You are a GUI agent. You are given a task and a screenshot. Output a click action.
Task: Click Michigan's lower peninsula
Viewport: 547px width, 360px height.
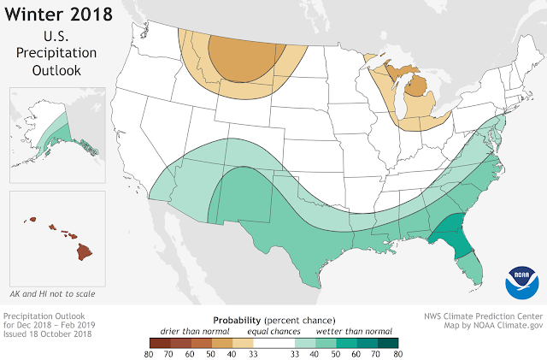[x=417, y=94]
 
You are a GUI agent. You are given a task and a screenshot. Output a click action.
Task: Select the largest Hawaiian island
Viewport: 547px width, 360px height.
[x=85, y=252]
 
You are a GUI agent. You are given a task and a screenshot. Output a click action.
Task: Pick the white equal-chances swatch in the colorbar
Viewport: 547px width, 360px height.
[x=273, y=339]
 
